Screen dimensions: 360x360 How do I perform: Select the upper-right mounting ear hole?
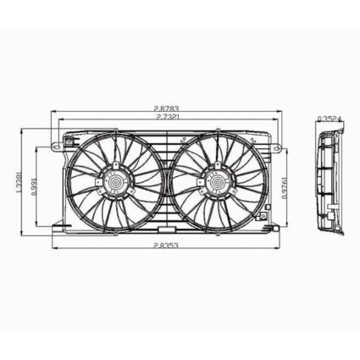(x=274, y=146)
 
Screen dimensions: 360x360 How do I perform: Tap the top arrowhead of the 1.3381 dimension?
(x=21, y=127)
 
